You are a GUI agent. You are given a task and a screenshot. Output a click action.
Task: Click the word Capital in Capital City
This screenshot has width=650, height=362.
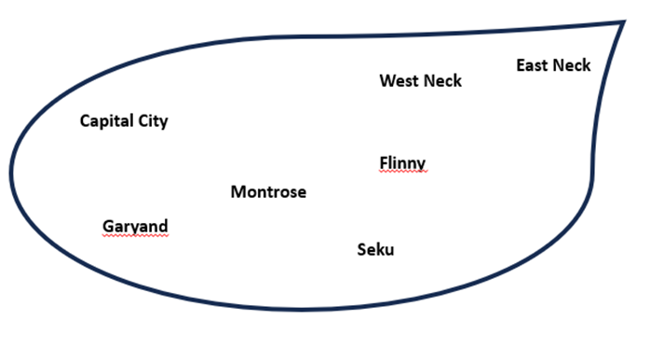(106, 121)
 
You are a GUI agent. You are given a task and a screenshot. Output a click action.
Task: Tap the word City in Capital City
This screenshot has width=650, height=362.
(153, 121)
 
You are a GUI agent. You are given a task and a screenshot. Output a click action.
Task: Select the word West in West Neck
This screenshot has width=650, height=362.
(398, 81)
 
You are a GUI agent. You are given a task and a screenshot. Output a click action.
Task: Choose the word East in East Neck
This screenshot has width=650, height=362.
(533, 65)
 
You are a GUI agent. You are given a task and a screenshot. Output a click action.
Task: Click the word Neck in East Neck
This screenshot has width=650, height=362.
(572, 65)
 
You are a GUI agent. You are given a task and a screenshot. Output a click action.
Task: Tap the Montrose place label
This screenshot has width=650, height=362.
(268, 192)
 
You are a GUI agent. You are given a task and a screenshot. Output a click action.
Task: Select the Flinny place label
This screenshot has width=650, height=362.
(402, 163)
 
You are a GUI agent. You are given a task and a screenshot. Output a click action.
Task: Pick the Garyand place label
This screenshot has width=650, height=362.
(135, 227)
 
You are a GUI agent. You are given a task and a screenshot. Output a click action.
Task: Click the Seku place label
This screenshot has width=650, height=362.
(375, 249)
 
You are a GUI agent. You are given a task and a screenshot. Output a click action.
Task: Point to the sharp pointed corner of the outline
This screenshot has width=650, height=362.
(624, 21)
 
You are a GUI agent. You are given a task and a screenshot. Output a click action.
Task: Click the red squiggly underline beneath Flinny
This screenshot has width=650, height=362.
(403, 172)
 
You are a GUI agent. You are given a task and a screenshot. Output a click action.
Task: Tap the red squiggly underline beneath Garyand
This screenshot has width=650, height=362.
(135, 235)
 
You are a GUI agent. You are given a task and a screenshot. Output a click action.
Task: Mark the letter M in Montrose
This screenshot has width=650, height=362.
(238, 192)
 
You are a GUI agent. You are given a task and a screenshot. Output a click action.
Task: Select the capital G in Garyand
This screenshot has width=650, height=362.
(108, 227)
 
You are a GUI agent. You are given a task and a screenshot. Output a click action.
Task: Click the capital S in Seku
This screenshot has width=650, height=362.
(362, 249)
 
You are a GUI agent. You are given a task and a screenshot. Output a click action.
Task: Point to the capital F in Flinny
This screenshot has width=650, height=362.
(384, 162)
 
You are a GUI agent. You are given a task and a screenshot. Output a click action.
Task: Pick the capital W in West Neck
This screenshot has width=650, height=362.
(388, 81)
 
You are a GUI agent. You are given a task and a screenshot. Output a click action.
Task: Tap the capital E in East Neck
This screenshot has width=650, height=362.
(521, 65)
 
